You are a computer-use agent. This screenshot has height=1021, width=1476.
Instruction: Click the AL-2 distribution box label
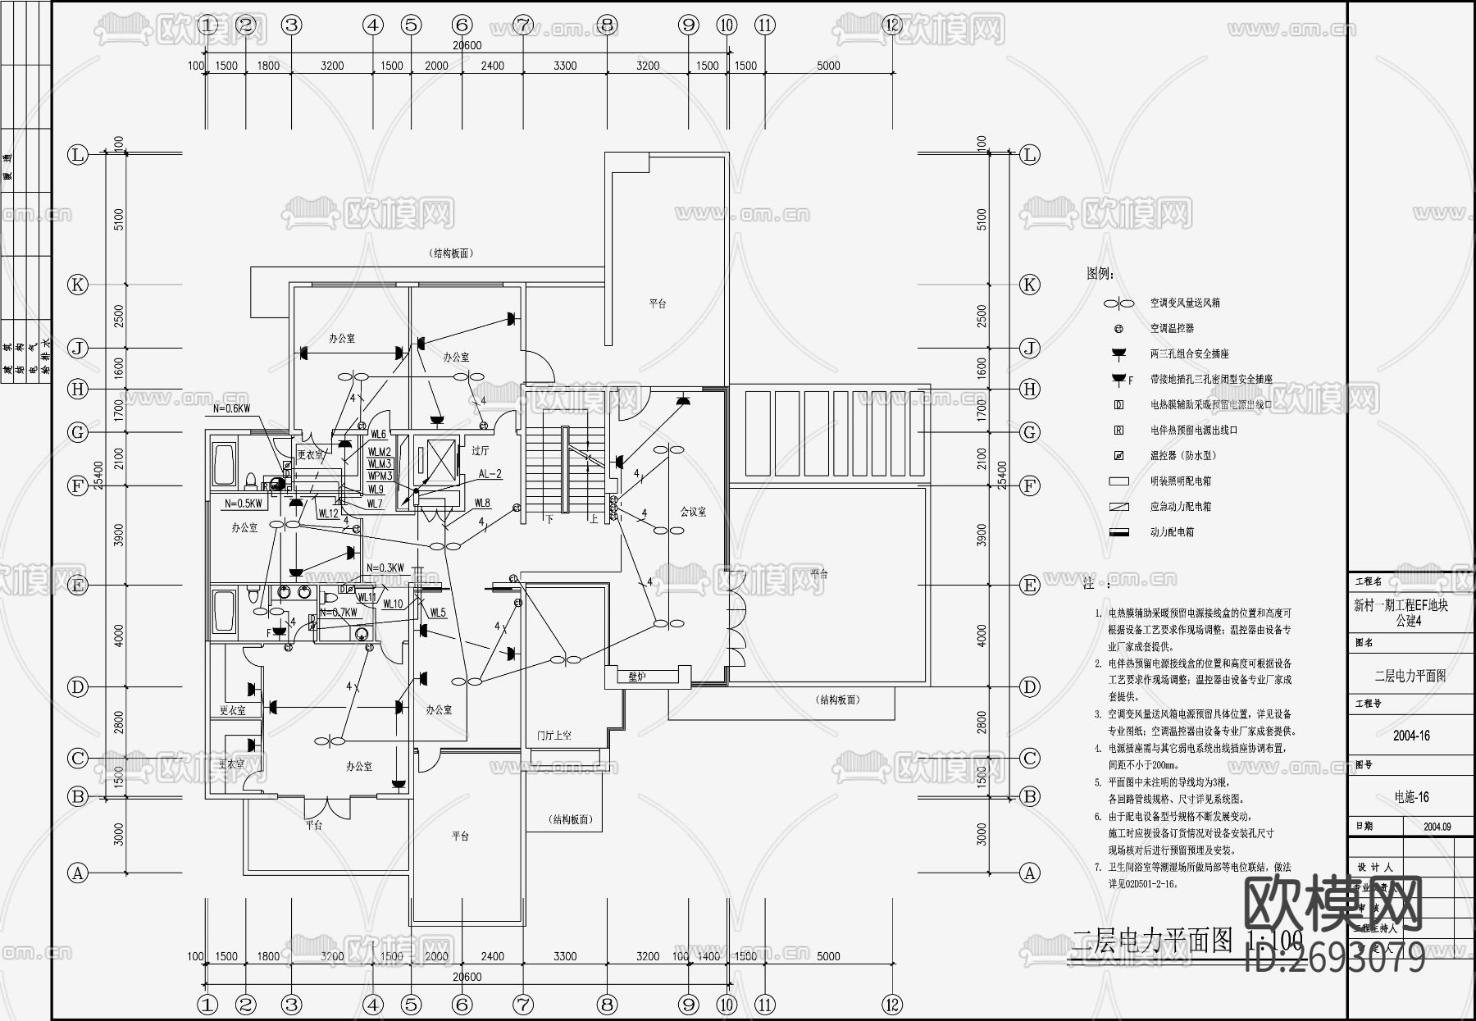click(x=490, y=474)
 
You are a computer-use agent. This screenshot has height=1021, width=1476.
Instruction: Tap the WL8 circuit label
click(x=482, y=504)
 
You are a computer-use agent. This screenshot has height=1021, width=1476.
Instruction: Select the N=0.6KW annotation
click(x=231, y=408)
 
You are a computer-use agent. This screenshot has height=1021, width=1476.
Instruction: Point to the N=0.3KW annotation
click(x=385, y=568)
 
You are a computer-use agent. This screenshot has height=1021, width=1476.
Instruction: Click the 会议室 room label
click(x=693, y=512)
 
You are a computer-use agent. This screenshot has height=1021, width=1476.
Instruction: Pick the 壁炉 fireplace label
click(x=637, y=677)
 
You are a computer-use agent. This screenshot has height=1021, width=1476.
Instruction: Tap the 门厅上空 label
click(x=554, y=736)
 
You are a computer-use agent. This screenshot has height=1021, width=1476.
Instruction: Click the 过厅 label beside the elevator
click(x=481, y=450)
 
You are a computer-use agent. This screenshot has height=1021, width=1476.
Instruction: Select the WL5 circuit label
click(x=438, y=613)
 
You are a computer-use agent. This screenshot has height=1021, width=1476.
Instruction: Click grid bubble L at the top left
click(x=78, y=155)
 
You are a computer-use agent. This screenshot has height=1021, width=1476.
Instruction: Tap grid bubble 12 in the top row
click(x=892, y=25)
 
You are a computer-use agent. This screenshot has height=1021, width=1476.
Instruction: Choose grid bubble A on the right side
click(x=1030, y=873)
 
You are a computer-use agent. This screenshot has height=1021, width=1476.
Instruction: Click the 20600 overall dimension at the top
click(x=467, y=46)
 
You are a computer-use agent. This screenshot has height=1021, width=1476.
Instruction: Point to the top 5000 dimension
click(x=828, y=66)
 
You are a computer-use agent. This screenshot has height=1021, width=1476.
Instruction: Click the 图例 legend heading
click(x=1100, y=273)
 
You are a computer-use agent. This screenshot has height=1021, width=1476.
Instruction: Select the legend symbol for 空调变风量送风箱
click(x=1118, y=303)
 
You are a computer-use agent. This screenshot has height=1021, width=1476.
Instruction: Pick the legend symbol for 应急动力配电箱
click(x=1118, y=507)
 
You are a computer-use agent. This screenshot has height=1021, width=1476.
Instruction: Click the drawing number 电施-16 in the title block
click(x=1411, y=797)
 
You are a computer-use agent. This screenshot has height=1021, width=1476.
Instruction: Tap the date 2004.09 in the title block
click(x=1437, y=827)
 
